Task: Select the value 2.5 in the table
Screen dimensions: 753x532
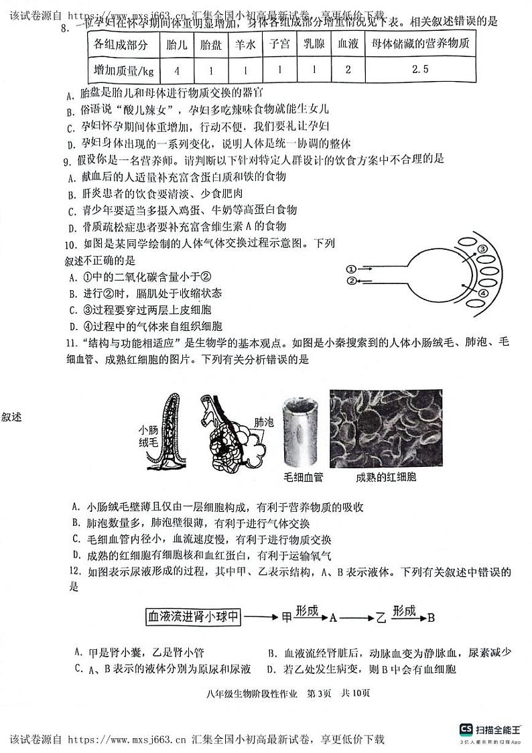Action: tap(420, 69)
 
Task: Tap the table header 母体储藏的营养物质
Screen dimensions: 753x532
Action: tap(420, 46)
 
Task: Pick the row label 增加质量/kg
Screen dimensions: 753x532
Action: tap(124, 70)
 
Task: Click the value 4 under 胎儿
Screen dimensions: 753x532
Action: tap(176, 70)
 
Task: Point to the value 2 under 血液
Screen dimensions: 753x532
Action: tap(347, 70)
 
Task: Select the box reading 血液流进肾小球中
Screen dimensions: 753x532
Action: tap(194, 616)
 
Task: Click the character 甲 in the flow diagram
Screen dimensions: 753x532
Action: tap(287, 617)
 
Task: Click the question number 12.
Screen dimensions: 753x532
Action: tap(77, 573)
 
